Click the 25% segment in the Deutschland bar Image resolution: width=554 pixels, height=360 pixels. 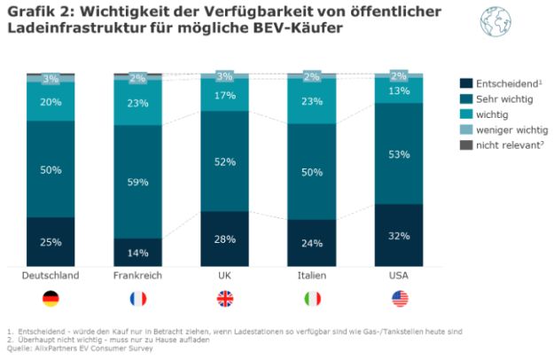tap(51, 241)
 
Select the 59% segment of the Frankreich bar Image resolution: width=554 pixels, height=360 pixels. tap(137, 182)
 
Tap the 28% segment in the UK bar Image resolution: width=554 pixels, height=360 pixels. tap(224, 239)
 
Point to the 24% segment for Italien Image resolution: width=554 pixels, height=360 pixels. tap(311, 242)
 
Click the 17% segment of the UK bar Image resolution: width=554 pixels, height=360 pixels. tap(224, 95)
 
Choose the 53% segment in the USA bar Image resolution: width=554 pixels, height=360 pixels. tap(398, 154)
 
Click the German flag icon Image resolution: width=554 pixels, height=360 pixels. tap(51, 299)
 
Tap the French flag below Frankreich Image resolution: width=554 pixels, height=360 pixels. tap(137, 299)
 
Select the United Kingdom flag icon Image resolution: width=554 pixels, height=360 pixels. tap(224, 299)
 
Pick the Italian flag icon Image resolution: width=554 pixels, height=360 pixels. tap(311, 299)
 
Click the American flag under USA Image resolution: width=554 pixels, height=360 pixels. tap(398, 299)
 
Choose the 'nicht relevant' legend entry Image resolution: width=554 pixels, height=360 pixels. tap(499, 145)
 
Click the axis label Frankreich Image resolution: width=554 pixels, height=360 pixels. tap(137, 276)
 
